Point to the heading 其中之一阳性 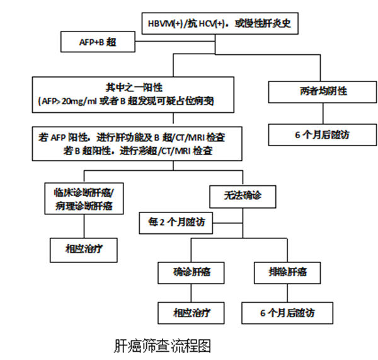pyautogui.click(x=128, y=86)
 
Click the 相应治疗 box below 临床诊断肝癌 pyautogui.click(x=84, y=248)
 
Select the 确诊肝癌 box pyautogui.click(x=189, y=272)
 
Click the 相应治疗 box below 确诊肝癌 pyautogui.click(x=189, y=311)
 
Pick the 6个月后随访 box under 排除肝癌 pyautogui.click(x=287, y=311)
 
